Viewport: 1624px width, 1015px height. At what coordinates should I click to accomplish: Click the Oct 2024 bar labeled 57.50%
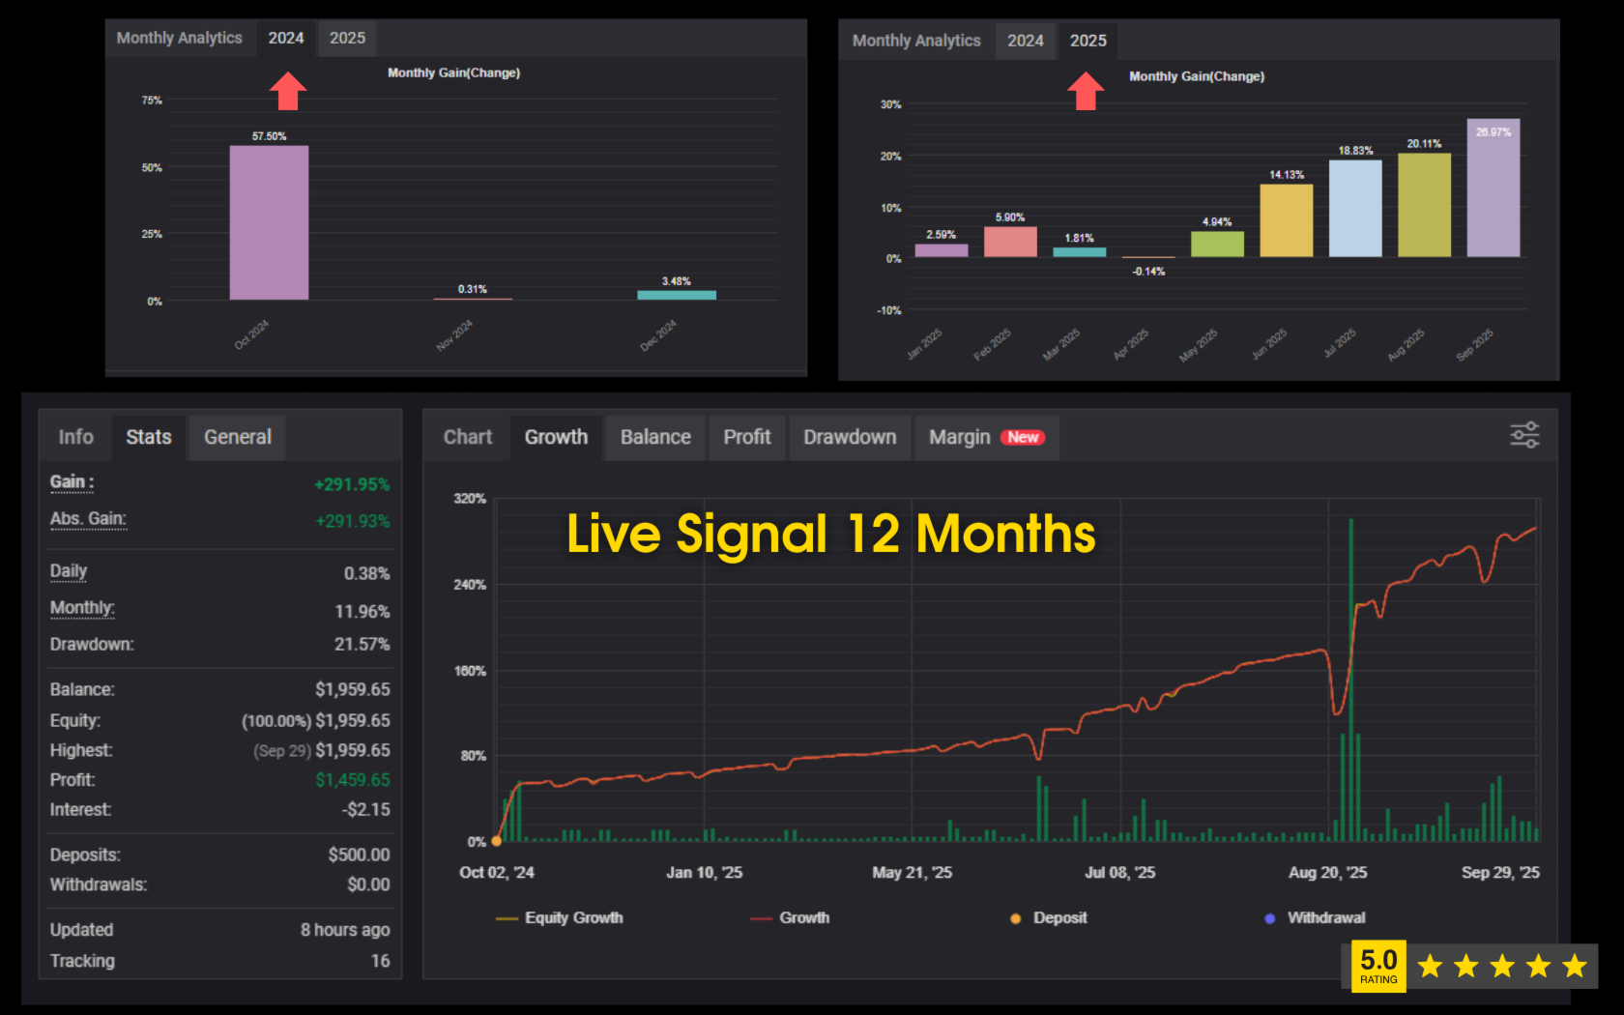(x=269, y=222)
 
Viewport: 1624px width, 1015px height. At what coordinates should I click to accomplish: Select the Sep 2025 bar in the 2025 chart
(x=1493, y=188)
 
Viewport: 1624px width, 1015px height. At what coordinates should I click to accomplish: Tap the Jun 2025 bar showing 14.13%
(x=1286, y=220)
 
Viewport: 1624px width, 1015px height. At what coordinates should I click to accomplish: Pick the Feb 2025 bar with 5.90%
(x=1010, y=242)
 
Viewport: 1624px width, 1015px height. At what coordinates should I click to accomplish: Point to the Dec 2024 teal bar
(x=677, y=295)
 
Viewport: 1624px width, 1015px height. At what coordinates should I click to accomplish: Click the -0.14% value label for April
(x=1148, y=272)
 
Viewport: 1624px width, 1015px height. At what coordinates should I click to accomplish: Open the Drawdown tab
(x=850, y=437)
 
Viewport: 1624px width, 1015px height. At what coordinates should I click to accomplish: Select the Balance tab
(x=655, y=437)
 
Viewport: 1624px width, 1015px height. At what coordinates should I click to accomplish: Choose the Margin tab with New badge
(x=986, y=437)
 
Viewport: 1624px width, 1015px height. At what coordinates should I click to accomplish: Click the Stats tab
(x=149, y=437)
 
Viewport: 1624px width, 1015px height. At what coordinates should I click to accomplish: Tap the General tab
(x=238, y=437)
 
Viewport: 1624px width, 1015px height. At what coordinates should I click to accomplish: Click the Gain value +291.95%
(x=352, y=484)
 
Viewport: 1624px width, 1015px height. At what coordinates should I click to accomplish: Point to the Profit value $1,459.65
(x=353, y=780)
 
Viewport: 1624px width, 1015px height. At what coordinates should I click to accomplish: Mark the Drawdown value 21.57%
(x=362, y=644)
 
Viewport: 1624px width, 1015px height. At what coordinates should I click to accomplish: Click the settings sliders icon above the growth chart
(x=1524, y=435)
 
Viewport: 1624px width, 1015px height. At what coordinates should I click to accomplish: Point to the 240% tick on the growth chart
(x=470, y=585)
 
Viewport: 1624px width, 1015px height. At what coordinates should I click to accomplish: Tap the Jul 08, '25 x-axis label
(x=1119, y=873)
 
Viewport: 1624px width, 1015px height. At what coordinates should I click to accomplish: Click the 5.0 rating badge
(x=1378, y=966)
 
